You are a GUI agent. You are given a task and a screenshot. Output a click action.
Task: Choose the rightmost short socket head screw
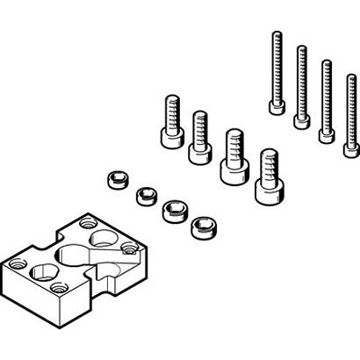pos(268,176)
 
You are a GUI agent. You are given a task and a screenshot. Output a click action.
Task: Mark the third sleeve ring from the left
pos(173,211)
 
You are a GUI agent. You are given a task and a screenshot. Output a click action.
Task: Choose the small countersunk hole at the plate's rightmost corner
pos(130,249)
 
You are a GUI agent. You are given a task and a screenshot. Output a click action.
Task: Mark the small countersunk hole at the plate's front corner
pos(59,288)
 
